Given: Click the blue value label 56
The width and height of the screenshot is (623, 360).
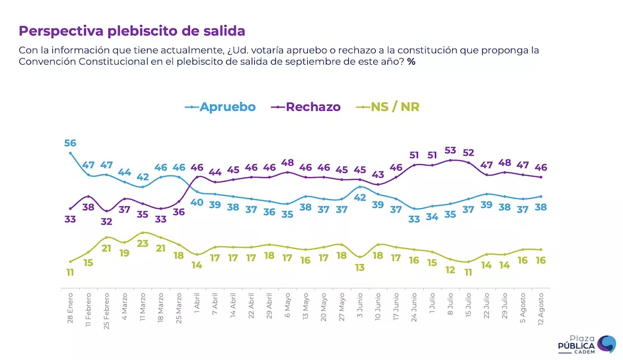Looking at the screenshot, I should [x=70, y=143].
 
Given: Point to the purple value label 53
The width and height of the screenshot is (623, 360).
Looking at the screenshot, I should [x=450, y=151].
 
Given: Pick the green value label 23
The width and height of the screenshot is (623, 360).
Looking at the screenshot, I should [x=143, y=244].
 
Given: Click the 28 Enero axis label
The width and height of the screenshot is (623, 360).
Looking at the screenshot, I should [x=70, y=306].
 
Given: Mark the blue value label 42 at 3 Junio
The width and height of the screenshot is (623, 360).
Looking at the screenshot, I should [x=360, y=197].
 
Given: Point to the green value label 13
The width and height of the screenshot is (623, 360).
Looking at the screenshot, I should [x=360, y=267].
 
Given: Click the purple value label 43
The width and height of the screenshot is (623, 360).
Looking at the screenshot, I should [x=378, y=174].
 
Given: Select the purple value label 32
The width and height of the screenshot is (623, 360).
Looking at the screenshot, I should [x=107, y=221].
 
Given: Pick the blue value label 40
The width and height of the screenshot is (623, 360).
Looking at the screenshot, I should [x=197, y=202].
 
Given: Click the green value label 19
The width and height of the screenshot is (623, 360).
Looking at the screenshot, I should [x=125, y=253].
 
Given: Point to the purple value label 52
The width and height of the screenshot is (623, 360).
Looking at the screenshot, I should [x=468, y=153].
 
